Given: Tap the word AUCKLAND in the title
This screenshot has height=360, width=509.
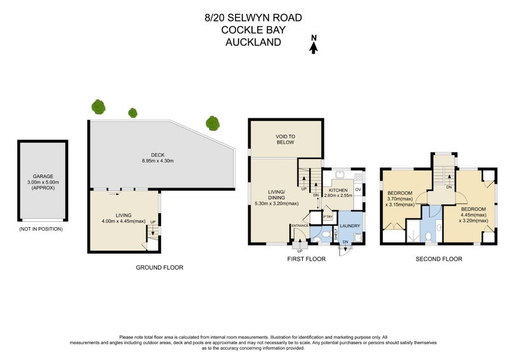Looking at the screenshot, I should tap(254, 43).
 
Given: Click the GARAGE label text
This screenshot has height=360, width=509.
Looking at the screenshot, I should tap(43, 176).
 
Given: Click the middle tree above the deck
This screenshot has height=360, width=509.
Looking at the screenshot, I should tap(133, 113).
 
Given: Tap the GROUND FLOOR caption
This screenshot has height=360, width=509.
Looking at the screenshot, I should tap(159, 268).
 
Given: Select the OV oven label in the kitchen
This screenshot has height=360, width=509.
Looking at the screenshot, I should tap(358, 190).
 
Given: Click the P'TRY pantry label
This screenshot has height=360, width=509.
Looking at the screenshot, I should tap(328, 217).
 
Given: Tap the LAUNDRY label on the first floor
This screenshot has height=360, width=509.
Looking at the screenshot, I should tap(349, 225).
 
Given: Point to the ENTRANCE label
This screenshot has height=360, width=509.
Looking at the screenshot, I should tap(300, 225).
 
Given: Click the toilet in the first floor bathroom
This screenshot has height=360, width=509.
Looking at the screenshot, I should tap(317, 239).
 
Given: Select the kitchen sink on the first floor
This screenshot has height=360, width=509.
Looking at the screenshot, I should tap(339, 175).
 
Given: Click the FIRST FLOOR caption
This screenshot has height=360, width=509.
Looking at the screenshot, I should tap(306, 259).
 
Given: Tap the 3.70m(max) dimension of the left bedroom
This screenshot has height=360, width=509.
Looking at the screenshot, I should tap(401, 199).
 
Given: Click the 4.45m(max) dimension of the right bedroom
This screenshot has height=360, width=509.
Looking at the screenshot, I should tap(473, 216).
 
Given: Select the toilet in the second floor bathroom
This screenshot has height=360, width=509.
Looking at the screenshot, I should tap(430, 237).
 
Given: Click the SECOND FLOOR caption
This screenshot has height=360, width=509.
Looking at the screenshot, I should tap(438, 259).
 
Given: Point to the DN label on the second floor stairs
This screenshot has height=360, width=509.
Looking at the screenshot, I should tap(449, 187).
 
